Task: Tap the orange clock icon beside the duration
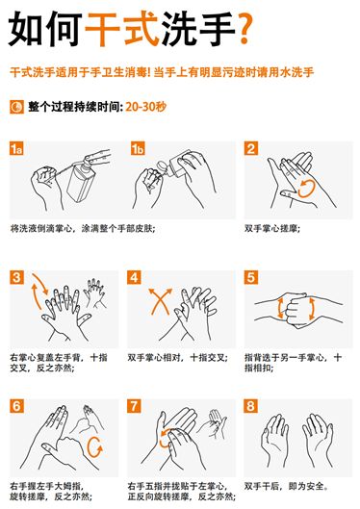[x=16, y=107]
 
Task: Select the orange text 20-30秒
[x=145, y=107]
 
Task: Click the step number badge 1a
[x=16, y=148]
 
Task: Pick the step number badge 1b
[x=138, y=148]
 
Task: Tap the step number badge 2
[x=251, y=148]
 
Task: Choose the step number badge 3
[x=16, y=277]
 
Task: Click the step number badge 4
[x=134, y=277]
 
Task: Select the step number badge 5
[x=251, y=277]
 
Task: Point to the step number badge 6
[x=16, y=406]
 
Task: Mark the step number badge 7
[x=134, y=406]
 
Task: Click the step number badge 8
[x=251, y=406]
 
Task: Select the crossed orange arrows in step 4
[x=160, y=300]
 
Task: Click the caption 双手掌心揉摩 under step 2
[x=272, y=228]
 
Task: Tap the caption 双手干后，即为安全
[x=286, y=486]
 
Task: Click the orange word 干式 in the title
[x=122, y=29]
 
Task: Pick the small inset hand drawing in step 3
[x=94, y=293]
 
